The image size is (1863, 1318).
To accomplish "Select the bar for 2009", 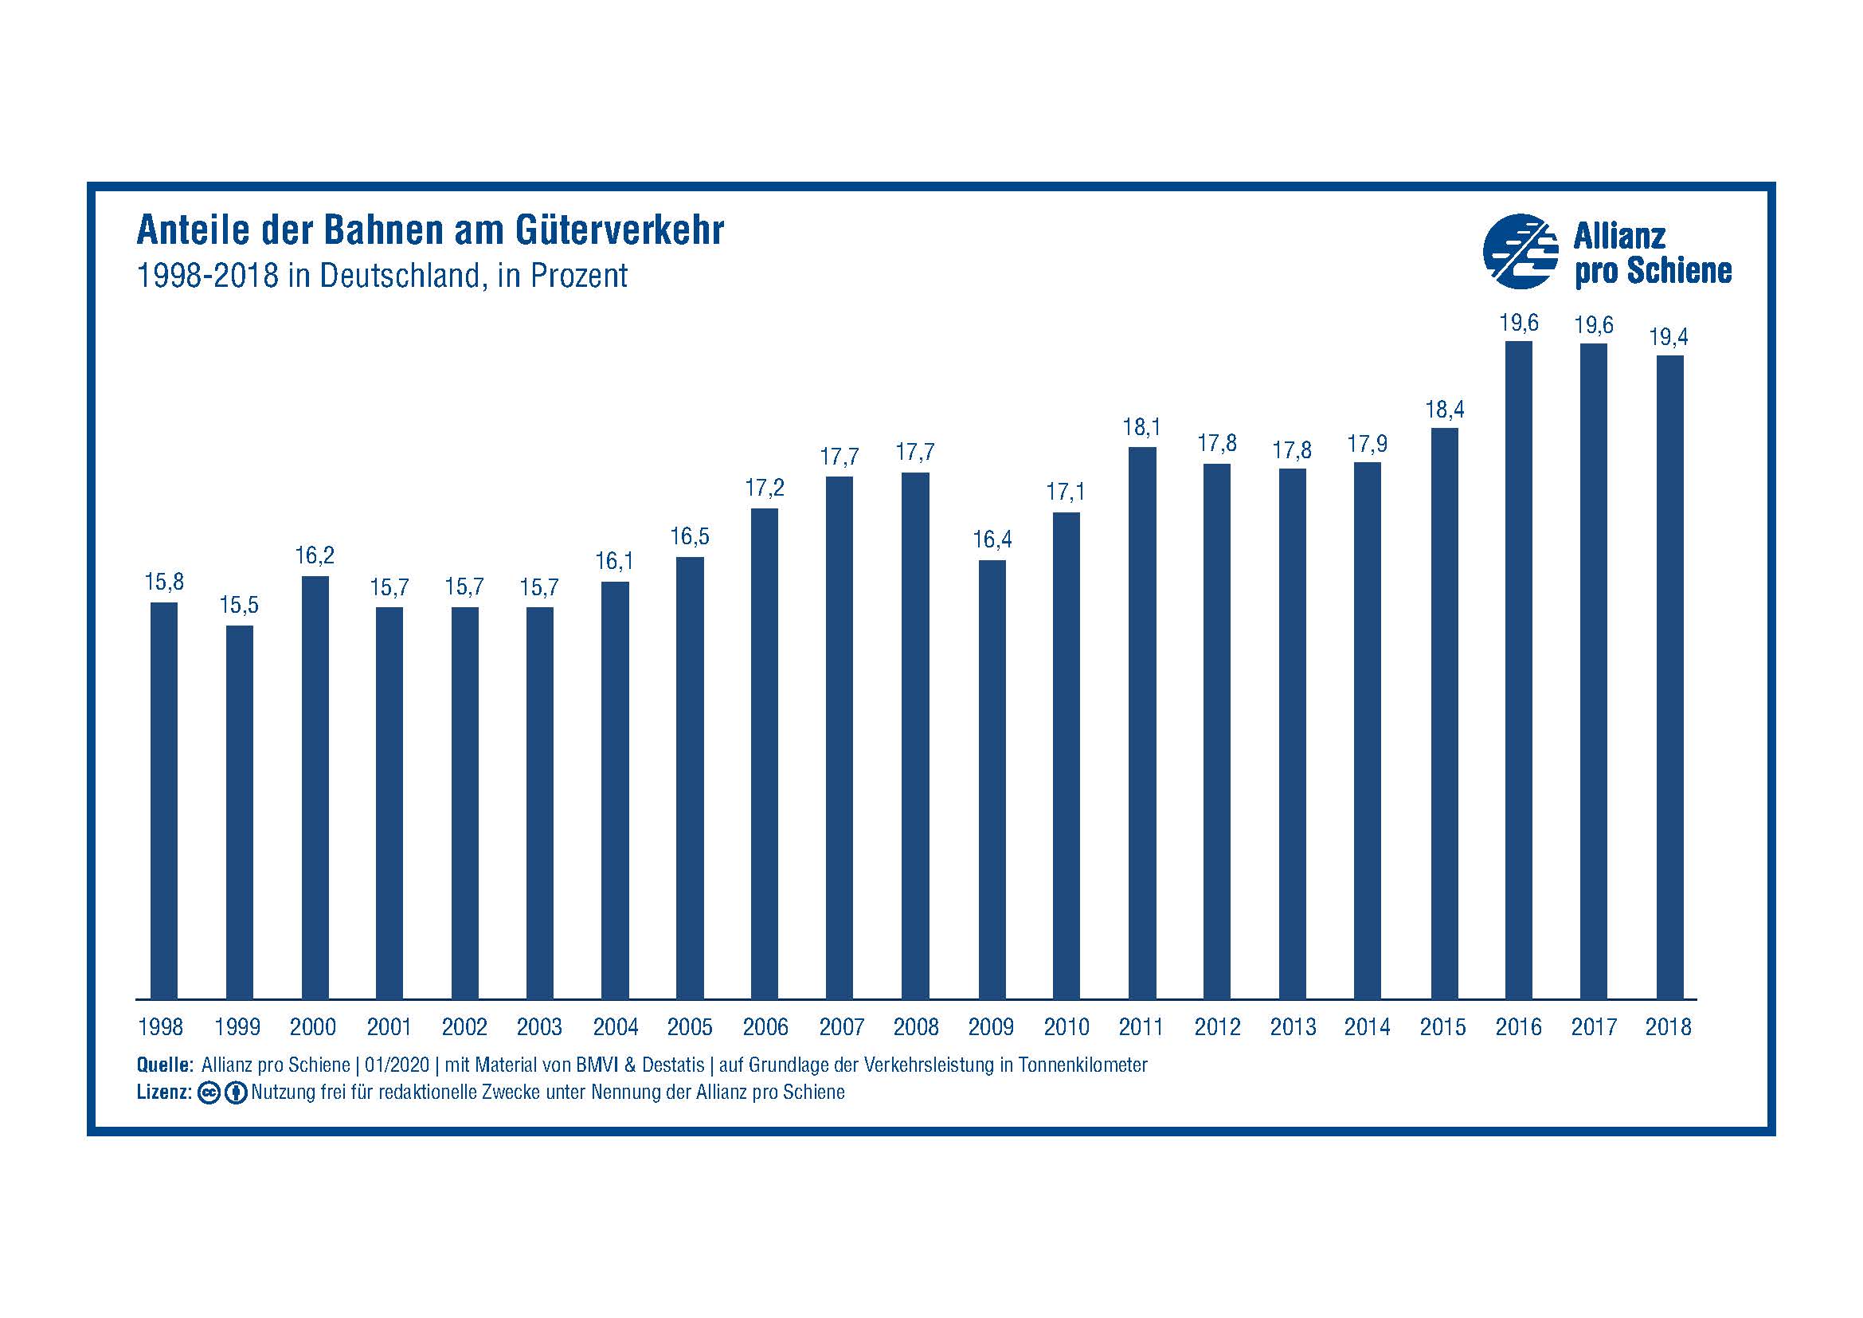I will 992,779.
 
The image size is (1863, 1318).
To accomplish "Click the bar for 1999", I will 240,811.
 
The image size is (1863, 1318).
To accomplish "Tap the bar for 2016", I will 1518,669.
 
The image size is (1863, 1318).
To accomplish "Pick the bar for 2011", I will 1141,722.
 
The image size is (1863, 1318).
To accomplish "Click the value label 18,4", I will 1444,410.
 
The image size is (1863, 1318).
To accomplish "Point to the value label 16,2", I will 314,556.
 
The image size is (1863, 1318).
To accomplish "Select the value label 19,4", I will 1669,337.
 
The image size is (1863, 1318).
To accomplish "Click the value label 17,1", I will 1066,492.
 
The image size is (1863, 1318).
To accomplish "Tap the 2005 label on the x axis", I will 690,1027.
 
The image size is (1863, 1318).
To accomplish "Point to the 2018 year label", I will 1669,1027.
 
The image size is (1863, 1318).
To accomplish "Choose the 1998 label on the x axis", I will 161,1027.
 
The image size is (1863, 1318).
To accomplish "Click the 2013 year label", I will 1293,1027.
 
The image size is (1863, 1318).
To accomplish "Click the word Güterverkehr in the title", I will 619,230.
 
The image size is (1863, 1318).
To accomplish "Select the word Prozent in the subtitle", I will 578,276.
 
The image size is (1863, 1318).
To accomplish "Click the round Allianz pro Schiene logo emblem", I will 1520,252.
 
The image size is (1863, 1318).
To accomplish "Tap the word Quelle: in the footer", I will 165,1065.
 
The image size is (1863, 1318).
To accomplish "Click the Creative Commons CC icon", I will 209,1093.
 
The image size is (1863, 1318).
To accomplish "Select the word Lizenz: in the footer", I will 164,1092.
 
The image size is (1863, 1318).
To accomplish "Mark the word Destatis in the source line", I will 673,1065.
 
